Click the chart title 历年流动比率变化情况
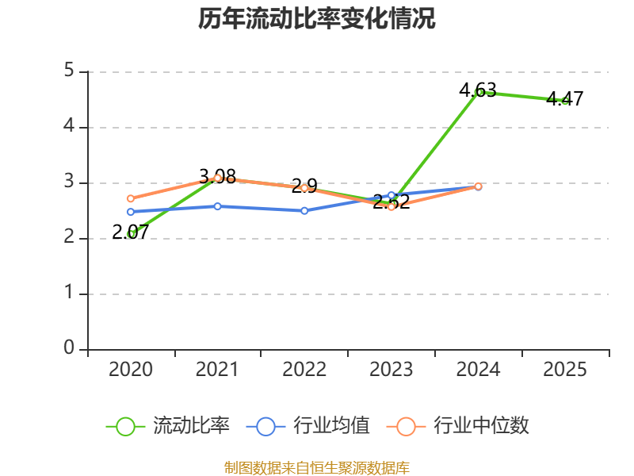tap(316, 18)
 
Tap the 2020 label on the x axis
tap(131, 369)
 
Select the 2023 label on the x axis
tap(391, 369)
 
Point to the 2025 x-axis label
tap(565, 369)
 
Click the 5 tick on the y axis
tap(69, 70)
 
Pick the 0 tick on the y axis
tap(69, 347)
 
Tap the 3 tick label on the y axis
tap(69, 181)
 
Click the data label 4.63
tap(478, 90)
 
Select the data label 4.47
tap(565, 98)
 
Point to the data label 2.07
tap(130, 232)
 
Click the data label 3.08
tap(217, 176)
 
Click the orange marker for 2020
tap(131, 198)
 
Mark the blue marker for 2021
tap(217, 206)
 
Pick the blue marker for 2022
tap(304, 211)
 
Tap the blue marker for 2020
tap(131, 212)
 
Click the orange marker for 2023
tap(391, 207)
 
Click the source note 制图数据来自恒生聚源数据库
tap(317, 468)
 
